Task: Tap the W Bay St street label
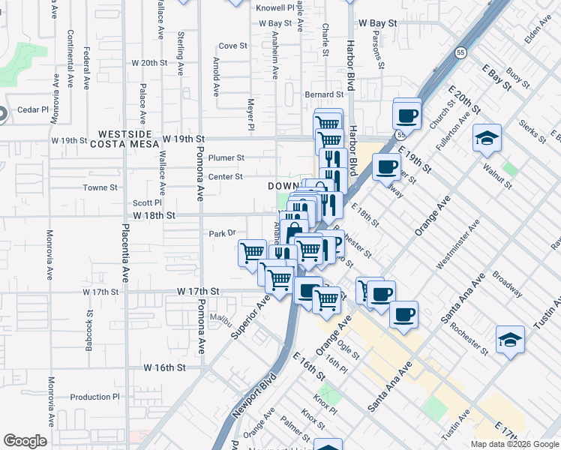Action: pyautogui.click(x=376, y=23)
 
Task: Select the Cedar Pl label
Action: pyautogui.click(x=31, y=109)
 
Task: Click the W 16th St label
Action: pyautogui.click(x=164, y=367)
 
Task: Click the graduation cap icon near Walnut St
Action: pyautogui.click(x=487, y=139)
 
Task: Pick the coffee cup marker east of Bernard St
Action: pyautogui.click(x=407, y=115)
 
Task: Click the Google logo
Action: pyautogui.click(x=25, y=441)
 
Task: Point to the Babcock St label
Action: pyautogui.click(x=89, y=323)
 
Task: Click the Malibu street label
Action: pyautogui.click(x=220, y=318)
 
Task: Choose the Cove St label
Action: pyautogui.click(x=232, y=46)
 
